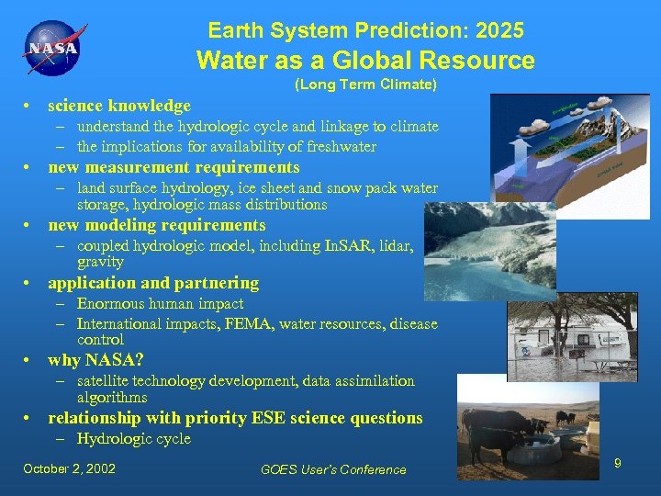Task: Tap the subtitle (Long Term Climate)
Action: pyautogui.click(x=365, y=85)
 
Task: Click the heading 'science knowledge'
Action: pyautogui.click(x=119, y=106)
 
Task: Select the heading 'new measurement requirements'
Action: pyautogui.click(x=174, y=167)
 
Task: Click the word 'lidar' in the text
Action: pyautogui.click(x=397, y=245)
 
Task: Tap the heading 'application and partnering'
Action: pyautogui.click(x=153, y=283)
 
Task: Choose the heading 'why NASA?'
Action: pyautogui.click(x=95, y=360)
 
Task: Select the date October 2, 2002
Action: pyautogui.click(x=70, y=468)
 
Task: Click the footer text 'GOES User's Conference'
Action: pyautogui.click(x=333, y=469)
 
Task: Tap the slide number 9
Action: pyautogui.click(x=618, y=464)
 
